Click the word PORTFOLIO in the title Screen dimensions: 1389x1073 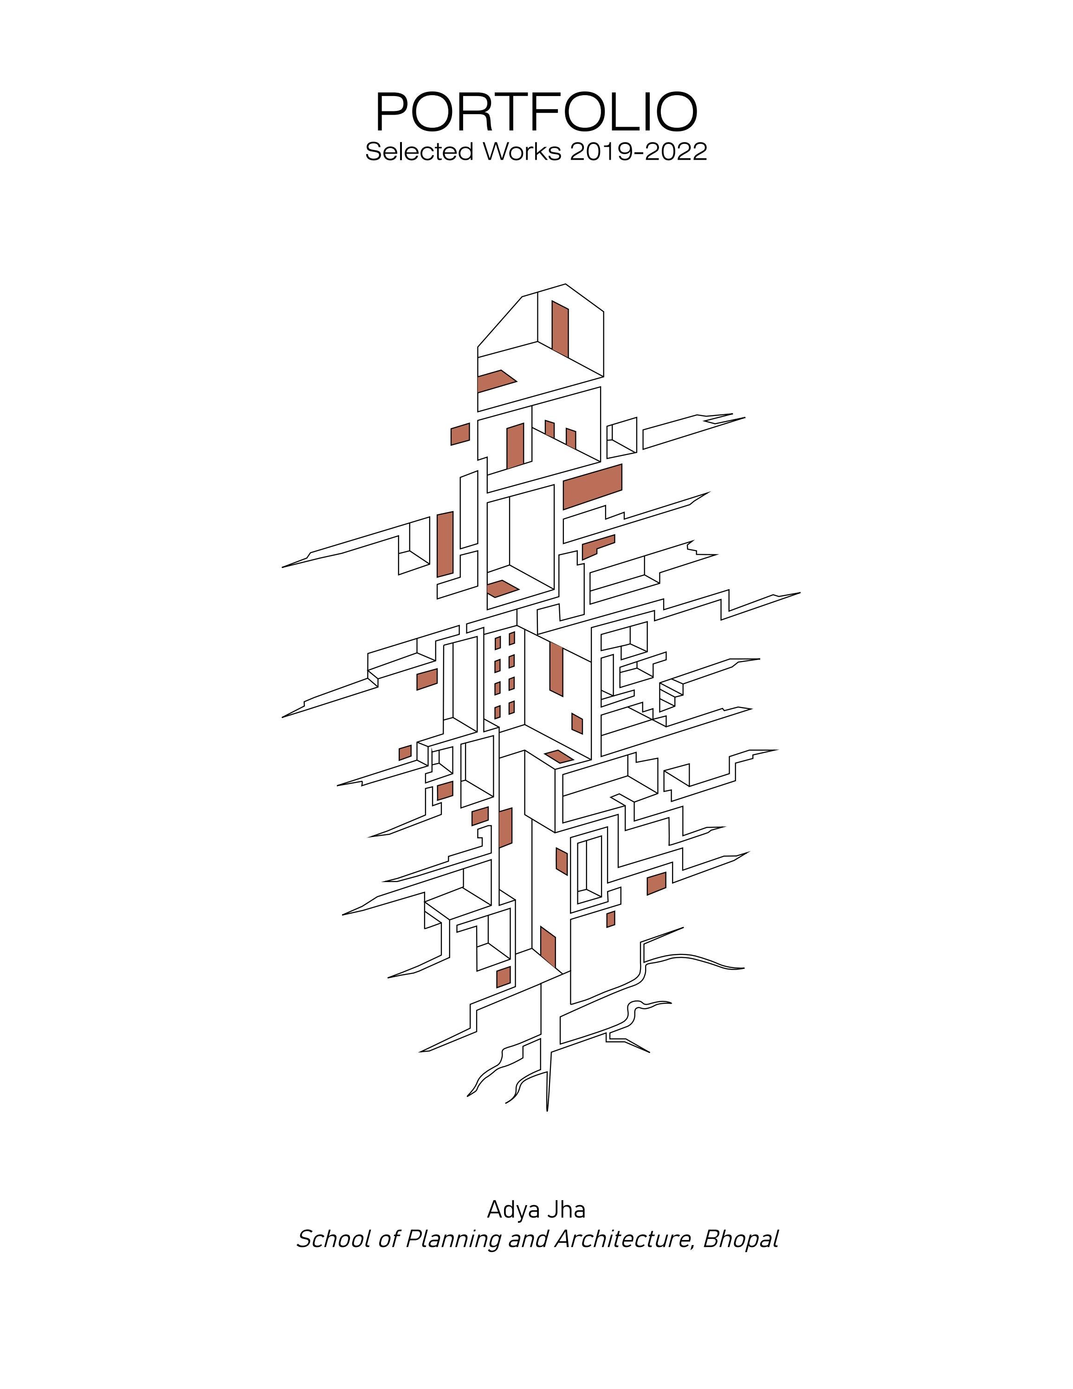coord(536,112)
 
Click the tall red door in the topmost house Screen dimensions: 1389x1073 coord(560,328)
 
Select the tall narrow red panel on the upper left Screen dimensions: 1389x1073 coord(446,545)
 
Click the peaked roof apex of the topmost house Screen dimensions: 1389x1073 coord(566,285)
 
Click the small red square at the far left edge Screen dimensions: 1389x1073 coord(405,753)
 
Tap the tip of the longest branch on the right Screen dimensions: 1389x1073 coord(798,593)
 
